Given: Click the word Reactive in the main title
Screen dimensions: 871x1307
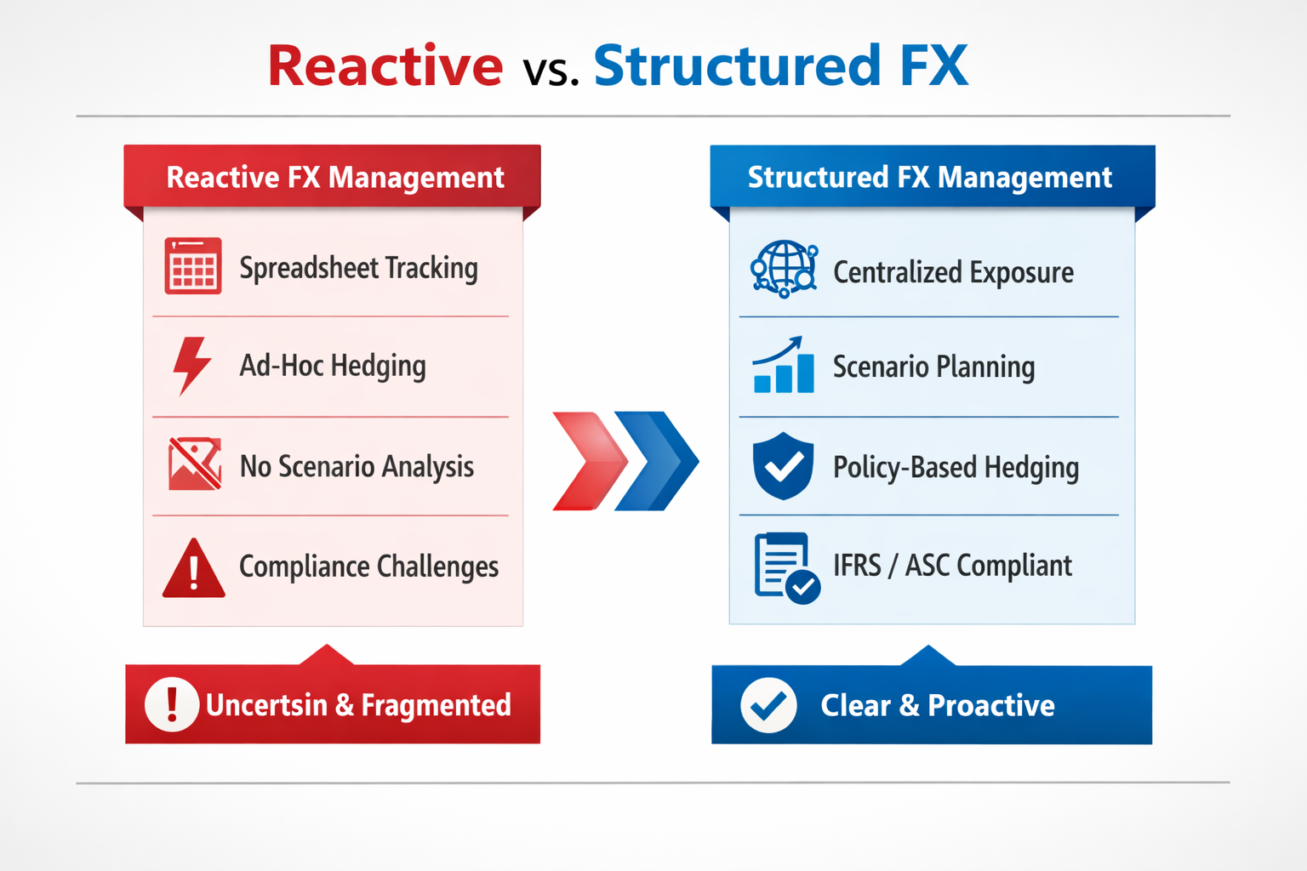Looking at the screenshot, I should [x=385, y=65].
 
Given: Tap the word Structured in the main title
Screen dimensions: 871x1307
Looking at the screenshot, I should [x=737, y=65].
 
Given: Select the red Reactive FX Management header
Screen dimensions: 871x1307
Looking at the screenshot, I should [x=334, y=177].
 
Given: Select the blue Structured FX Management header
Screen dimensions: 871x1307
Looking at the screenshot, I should [x=929, y=177].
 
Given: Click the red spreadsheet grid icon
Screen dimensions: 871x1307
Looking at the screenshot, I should [x=193, y=266].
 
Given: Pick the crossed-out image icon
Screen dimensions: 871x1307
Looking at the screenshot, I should [x=195, y=464].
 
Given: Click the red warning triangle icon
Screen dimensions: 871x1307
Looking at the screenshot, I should [x=194, y=568].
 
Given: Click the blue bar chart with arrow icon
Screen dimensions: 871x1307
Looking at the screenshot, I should [x=783, y=366].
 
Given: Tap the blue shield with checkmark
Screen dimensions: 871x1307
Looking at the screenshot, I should [x=783, y=465].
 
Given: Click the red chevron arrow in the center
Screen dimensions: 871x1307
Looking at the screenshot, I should [x=589, y=461].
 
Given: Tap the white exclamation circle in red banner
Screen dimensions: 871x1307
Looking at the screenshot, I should [x=172, y=704].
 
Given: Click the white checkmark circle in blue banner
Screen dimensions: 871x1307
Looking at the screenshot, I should [x=768, y=705].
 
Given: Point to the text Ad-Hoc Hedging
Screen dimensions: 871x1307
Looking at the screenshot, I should [x=333, y=366].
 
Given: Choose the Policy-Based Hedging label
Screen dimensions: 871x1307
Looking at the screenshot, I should [x=956, y=467].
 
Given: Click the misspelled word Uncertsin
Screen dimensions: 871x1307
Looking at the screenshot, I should [x=266, y=705].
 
